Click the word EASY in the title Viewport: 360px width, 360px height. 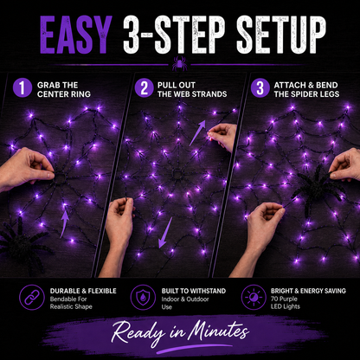[x=76, y=35]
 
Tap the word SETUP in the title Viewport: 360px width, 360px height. [x=281, y=35]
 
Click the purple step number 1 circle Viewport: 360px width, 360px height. [x=22, y=88]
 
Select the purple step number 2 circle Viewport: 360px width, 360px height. [x=144, y=88]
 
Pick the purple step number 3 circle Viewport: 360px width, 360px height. [x=260, y=88]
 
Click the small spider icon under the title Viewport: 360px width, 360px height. [x=179, y=64]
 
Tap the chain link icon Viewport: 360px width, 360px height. [x=32, y=298]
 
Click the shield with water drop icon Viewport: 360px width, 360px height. [x=143, y=298]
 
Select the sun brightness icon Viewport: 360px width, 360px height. [x=254, y=298]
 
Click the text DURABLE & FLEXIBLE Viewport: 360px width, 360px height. [x=83, y=291]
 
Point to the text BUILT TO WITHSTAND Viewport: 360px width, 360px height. [x=194, y=291]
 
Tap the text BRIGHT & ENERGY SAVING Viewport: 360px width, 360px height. [x=308, y=291]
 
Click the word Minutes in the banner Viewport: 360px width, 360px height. [x=218, y=331]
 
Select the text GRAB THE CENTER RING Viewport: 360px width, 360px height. [x=64, y=89]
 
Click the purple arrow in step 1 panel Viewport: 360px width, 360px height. [x=65, y=223]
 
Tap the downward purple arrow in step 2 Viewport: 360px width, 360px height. [x=165, y=233]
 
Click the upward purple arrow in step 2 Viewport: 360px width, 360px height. [x=197, y=132]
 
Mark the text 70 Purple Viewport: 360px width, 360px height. [x=284, y=299]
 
